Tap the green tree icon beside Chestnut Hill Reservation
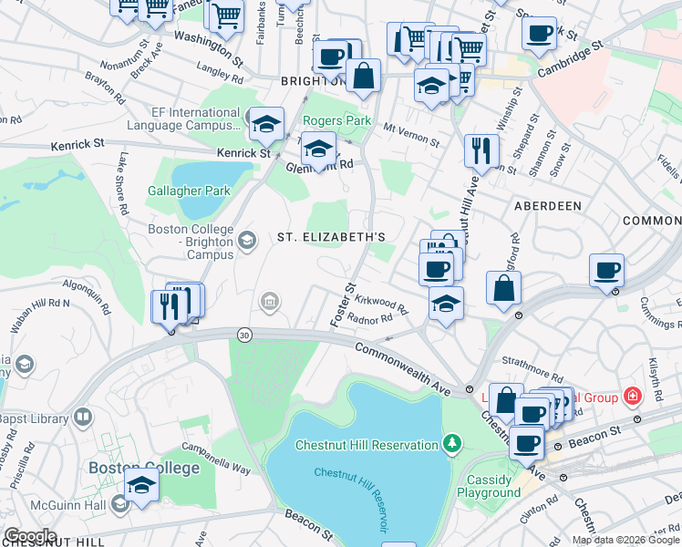449,444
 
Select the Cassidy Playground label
493,486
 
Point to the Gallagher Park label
189,191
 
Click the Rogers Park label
336,120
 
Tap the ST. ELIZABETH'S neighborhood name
332,237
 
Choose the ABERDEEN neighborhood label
547,206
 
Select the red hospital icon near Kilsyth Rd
632,396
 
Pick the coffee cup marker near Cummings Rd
606,270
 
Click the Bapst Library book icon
83,418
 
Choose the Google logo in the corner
30,536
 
